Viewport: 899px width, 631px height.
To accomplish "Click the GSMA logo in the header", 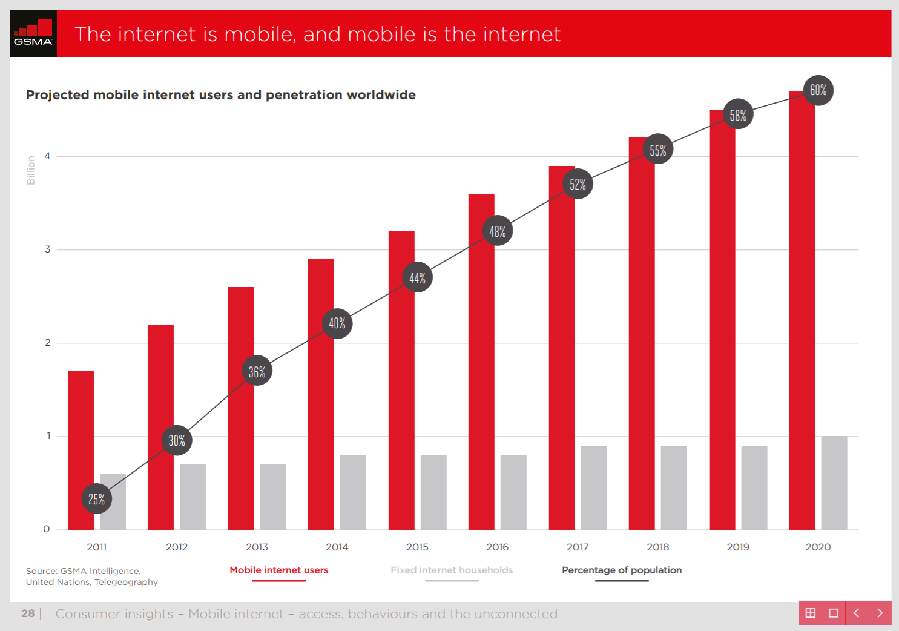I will pyautogui.click(x=33, y=34).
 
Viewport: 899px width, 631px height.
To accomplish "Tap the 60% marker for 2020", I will pyautogui.click(x=818, y=90).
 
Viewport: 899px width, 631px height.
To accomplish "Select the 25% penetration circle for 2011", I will pyautogui.click(x=97, y=499).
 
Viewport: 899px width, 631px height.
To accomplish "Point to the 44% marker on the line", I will pyautogui.click(x=417, y=277).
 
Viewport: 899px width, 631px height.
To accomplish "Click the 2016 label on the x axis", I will pyautogui.click(x=497, y=547).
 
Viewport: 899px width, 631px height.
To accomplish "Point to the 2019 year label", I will pyautogui.click(x=737, y=547).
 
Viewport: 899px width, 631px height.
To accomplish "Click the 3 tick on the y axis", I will pyautogui.click(x=47, y=249).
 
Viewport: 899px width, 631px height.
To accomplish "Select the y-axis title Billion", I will pyautogui.click(x=31, y=170).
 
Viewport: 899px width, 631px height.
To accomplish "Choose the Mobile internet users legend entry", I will pyautogui.click(x=278, y=570).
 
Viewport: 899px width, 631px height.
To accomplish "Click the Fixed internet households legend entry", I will pyautogui.click(x=451, y=570).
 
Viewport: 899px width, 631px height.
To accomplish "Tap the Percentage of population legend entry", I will pyautogui.click(x=621, y=570).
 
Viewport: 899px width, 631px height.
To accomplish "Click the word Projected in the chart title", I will pyautogui.click(x=58, y=95).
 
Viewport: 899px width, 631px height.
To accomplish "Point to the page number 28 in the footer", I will pyautogui.click(x=28, y=613).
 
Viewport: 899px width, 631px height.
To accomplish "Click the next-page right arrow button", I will pyautogui.click(x=880, y=613).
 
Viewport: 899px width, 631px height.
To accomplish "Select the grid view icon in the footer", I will pyautogui.click(x=811, y=613).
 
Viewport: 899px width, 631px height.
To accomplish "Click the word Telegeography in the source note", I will pyautogui.click(x=126, y=582).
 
